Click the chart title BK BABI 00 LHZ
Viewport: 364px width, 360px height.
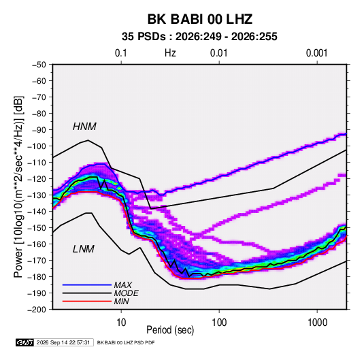pyautogui.click(x=200, y=19)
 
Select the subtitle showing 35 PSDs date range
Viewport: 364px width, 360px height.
pyautogui.click(x=199, y=37)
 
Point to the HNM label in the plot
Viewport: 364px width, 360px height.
pyautogui.click(x=84, y=127)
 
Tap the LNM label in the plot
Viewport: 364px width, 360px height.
pyautogui.click(x=84, y=249)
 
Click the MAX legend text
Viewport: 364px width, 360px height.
pyautogui.click(x=123, y=285)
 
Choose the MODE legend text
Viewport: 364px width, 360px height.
pyautogui.click(x=127, y=293)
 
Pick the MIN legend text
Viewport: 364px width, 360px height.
pyautogui.click(x=122, y=301)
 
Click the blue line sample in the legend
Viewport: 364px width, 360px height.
pyautogui.click(x=87, y=285)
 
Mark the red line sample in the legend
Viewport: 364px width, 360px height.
pyautogui.click(x=87, y=301)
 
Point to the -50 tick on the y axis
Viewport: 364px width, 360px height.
pyautogui.click(x=39, y=65)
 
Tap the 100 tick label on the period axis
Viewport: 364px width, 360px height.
pyautogui.click(x=219, y=323)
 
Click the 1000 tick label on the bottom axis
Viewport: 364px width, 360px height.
pyautogui.click(x=317, y=323)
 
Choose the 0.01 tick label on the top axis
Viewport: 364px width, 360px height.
pyautogui.click(x=218, y=53)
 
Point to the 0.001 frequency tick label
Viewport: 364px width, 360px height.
pyautogui.click(x=316, y=53)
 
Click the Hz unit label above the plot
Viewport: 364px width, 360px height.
pyautogui.click(x=170, y=53)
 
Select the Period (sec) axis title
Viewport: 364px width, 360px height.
pyautogui.click(x=170, y=330)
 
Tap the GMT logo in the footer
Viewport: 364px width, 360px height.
pyautogui.click(x=24, y=342)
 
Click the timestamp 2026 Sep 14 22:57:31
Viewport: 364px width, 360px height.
pyautogui.click(x=63, y=342)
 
